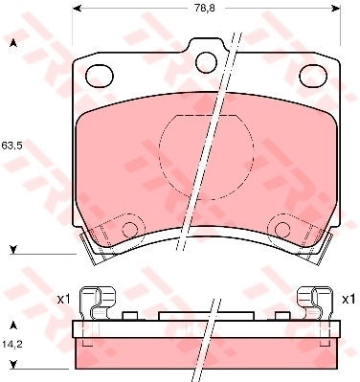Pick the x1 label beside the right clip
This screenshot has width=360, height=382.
click(349, 301)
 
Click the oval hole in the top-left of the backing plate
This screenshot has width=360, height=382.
click(101, 74)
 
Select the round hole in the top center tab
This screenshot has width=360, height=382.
click(206, 60)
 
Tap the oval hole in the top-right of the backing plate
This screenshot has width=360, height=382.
click(311, 74)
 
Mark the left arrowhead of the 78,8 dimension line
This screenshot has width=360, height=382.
click(77, 11)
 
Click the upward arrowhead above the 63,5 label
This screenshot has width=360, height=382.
click(12, 43)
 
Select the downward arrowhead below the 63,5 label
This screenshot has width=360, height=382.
click(12, 251)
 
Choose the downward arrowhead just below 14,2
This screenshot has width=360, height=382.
click(12, 365)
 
